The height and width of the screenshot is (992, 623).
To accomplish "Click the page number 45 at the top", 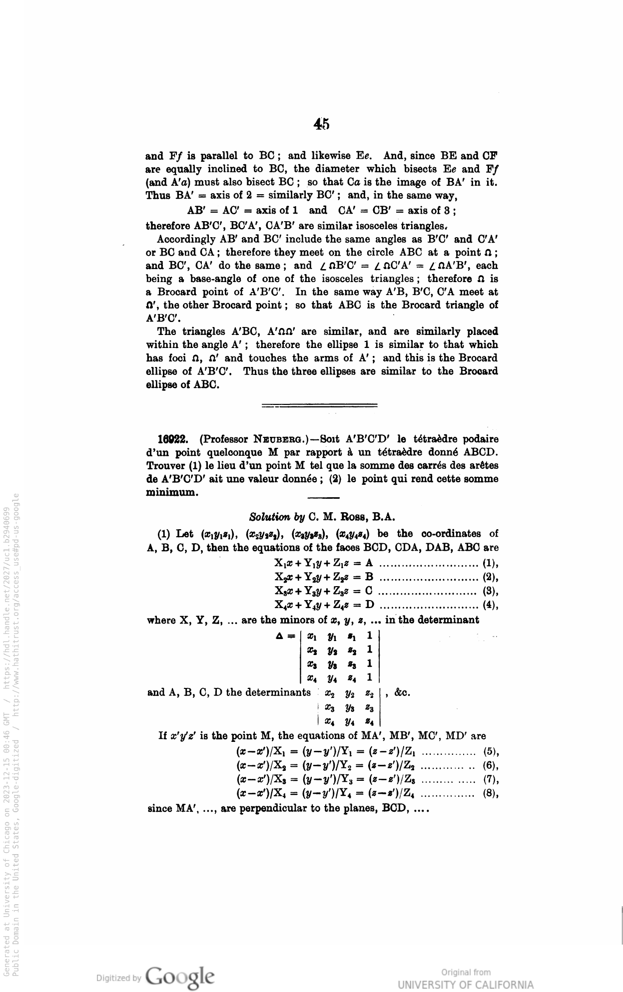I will pyautogui.click(x=322, y=124).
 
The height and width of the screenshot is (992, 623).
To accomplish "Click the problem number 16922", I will pyautogui.click(x=172, y=440).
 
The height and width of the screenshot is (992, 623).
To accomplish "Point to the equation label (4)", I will pyautogui.click(x=491, y=606).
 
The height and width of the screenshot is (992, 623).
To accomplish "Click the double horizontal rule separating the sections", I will pyautogui.click(x=319, y=405).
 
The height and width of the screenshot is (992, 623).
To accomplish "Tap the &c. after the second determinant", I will pyautogui.click(x=402, y=692).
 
